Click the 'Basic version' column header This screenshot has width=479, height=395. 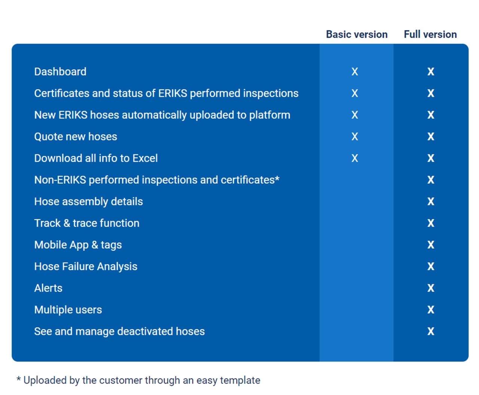[357, 34]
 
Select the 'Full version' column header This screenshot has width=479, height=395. [430, 34]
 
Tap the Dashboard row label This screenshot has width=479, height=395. [60, 72]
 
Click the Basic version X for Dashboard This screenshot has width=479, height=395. [355, 72]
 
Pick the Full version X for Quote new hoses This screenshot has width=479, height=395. [431, 136]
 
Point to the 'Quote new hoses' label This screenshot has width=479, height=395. [76, 136]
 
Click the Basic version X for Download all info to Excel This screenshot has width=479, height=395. [355, 158]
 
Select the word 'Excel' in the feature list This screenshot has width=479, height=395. [145, 158]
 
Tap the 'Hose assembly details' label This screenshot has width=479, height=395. [89, 202]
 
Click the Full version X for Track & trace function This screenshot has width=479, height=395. [431, 223]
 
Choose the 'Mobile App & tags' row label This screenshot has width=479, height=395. [78, 245]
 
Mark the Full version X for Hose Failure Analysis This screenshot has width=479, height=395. [431, 266]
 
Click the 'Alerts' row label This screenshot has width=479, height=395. [48, 288]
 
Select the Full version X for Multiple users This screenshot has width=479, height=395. [431, 310]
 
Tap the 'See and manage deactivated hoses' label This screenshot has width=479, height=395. [119, 331]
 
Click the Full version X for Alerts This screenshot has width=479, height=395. [431, 288]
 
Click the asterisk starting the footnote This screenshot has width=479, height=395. [19, 379]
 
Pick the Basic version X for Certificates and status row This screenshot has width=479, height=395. [355, 93]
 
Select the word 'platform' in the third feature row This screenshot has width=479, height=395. [269, 115]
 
